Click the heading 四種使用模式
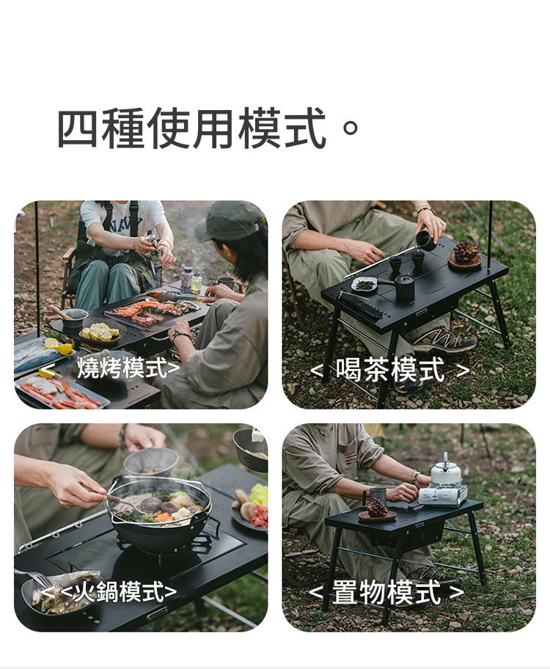tap(191, 128)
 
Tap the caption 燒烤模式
tap(122, 368)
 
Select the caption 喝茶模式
tap(390, 370)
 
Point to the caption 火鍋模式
tap(119, 591)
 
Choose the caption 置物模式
tap(386, 593)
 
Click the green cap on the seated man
tap(229, 220)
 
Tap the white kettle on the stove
tap(445, 469)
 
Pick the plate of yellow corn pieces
tap(100, 333)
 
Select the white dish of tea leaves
tap(364, 285)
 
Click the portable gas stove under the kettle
tap(442, 496)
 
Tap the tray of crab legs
tap(62, 392)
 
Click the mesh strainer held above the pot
tap(150, 462)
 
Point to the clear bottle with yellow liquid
tap(196, 281)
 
